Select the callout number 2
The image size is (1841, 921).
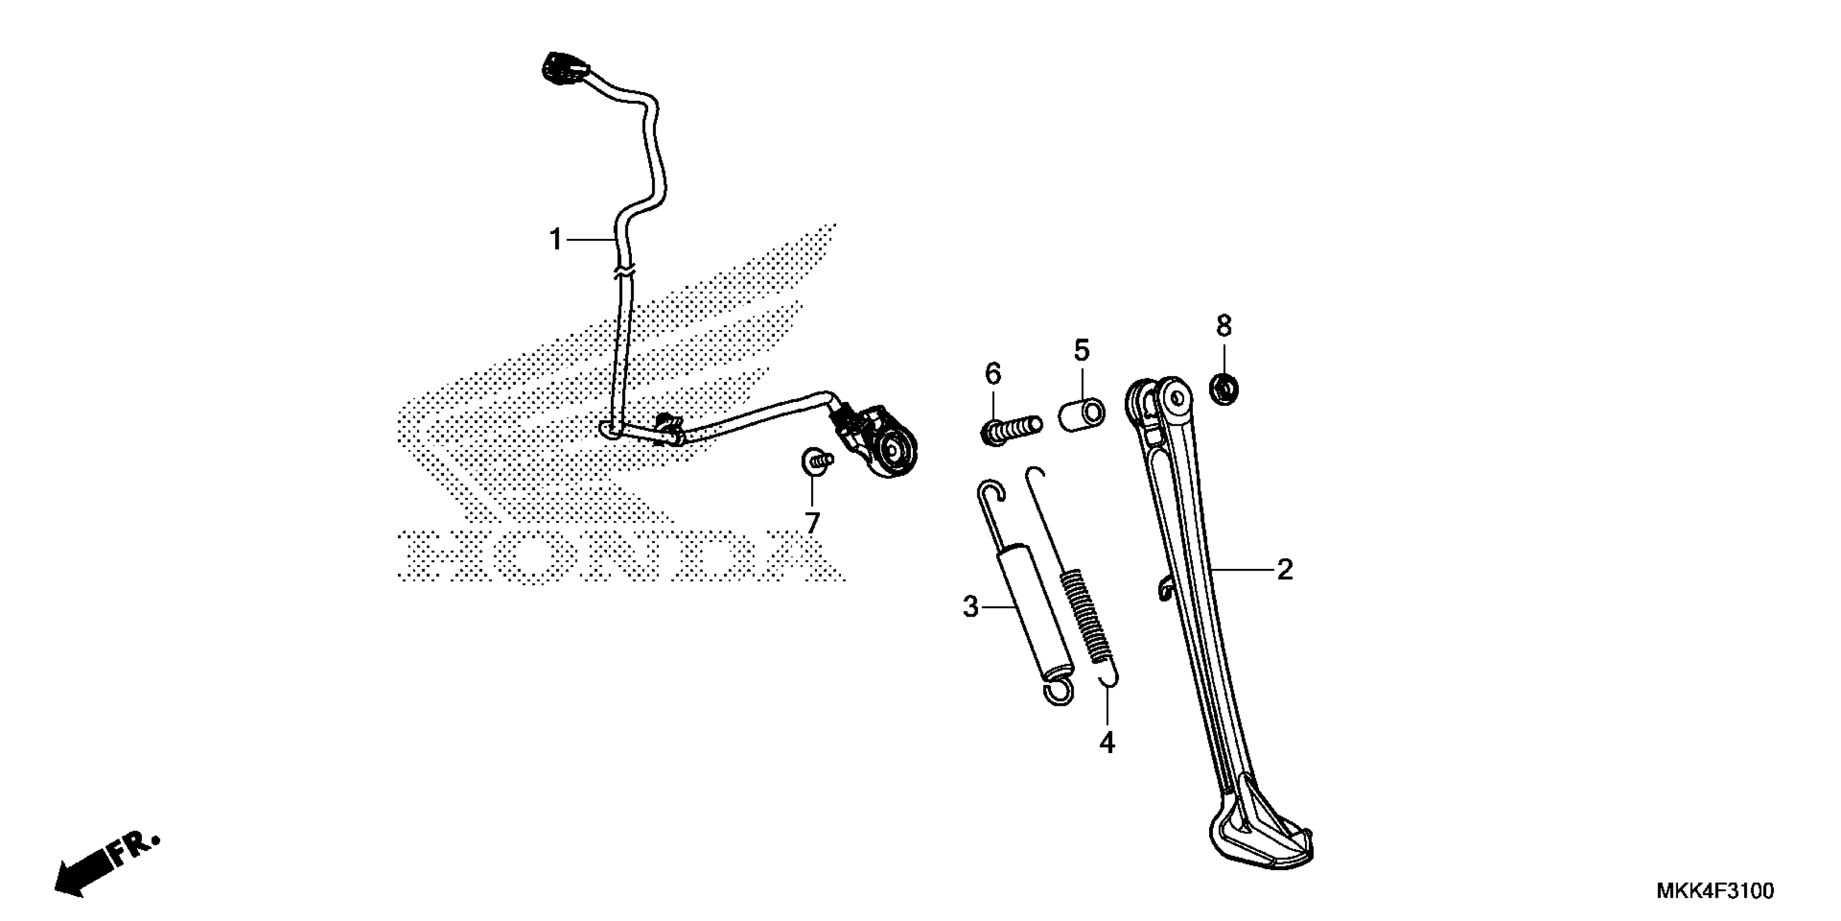click(x=1284, y=570)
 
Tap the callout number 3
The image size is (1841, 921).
click(x=970, y=607)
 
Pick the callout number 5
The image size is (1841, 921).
click(x=1081, y=351)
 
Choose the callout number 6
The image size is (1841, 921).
click(x=993, y=373)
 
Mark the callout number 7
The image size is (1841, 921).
click(x=812, y=523)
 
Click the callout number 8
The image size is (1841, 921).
click(x=1224, y=327)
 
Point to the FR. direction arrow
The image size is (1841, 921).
click(x=103, y=866)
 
